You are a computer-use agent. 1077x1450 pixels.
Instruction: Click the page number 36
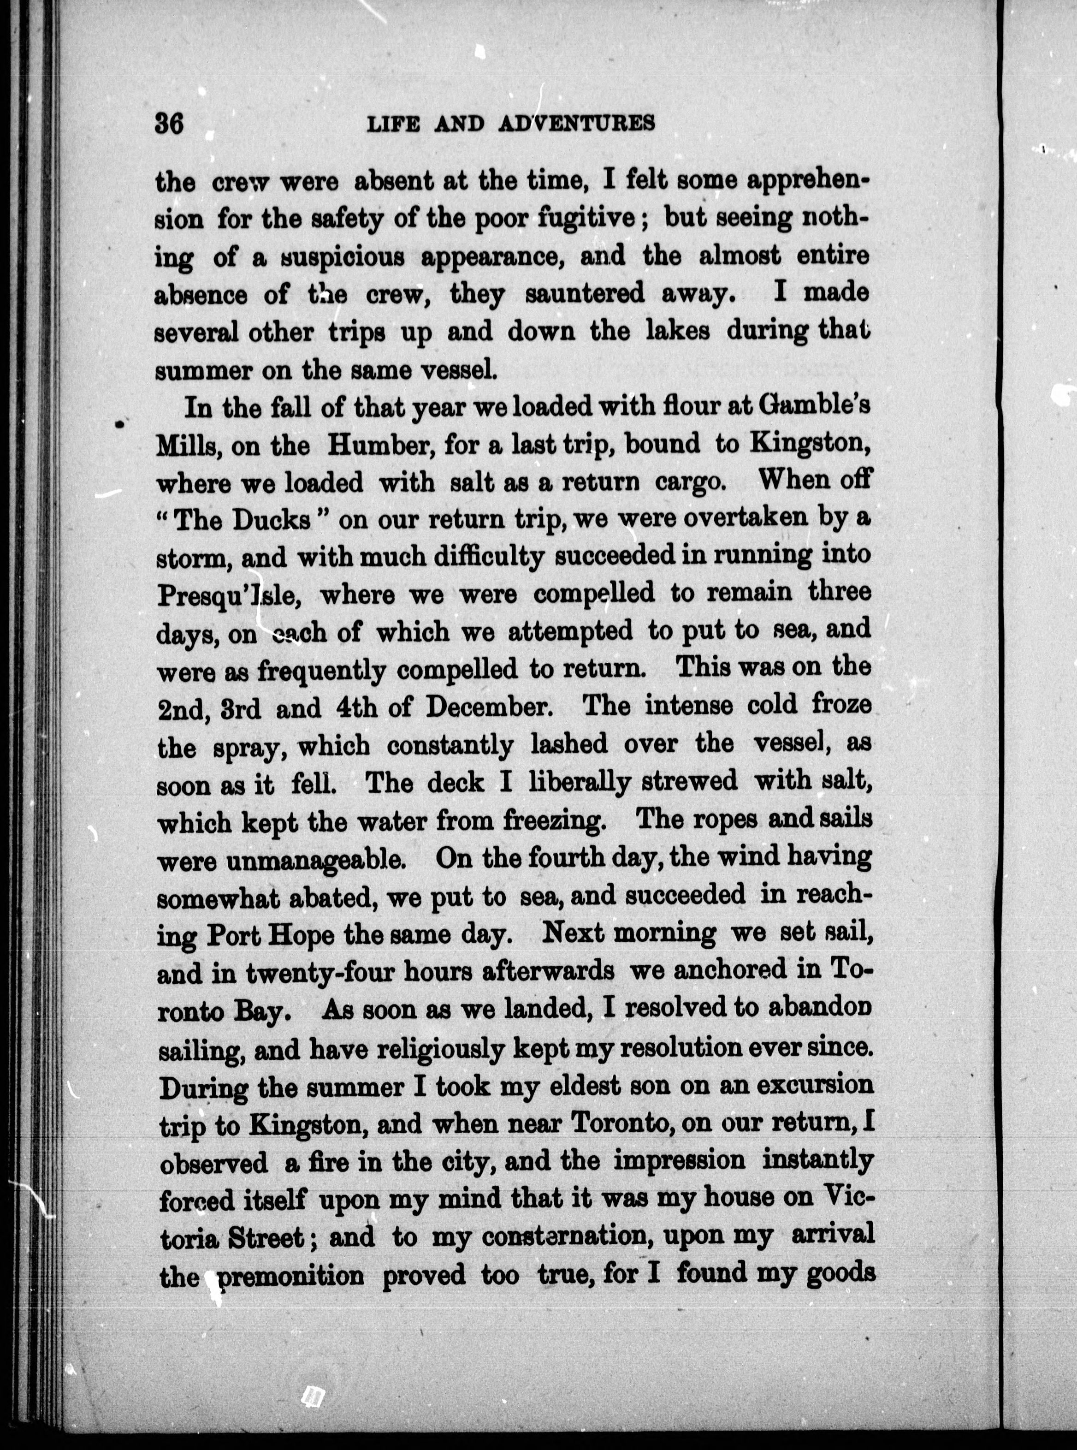170,123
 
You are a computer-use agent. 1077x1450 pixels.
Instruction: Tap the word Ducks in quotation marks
272,520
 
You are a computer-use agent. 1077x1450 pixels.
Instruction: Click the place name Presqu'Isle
228,595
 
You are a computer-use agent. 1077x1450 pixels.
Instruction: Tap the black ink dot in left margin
119,424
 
